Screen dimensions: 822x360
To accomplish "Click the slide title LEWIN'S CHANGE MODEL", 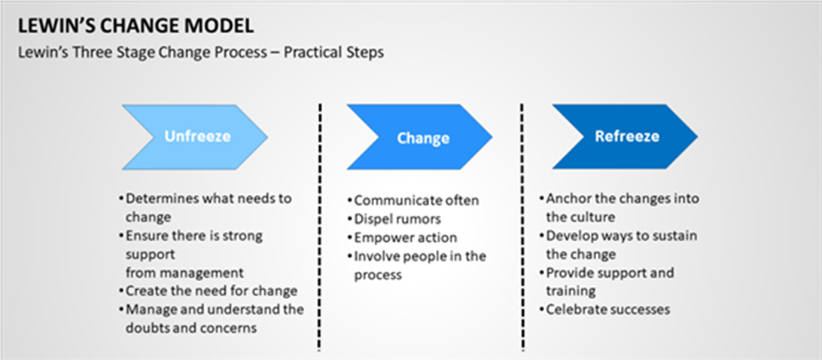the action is pyautogui.click(x=135, y=26).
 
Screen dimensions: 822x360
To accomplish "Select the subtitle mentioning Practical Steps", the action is pyautogui.click(x=201, y=53).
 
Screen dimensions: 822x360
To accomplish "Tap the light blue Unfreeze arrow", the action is pyautogui.click(x=195, y=137).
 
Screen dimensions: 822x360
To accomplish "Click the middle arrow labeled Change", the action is pyautogui.click(x=419, y=137).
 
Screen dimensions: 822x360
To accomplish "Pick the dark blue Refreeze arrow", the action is pyautogui.click(x=625, y=136).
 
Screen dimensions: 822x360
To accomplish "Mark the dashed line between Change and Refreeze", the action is pyautogui.click(x=522, y=227).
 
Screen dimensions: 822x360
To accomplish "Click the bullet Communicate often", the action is pyautogui.click(x=413, y=200).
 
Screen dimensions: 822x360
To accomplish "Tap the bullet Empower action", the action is pyautogui.click(x=401, y=237).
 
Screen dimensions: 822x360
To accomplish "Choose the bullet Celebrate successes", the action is pyautogui.click(x=605, y=310).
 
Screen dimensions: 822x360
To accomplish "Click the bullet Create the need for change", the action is pyautogui.click(x=208, y=291).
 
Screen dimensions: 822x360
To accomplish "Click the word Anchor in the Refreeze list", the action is pyautogui.click(x=564, y=200).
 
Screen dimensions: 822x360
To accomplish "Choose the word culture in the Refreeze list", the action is pyautogui.click(x=595, y=217).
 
